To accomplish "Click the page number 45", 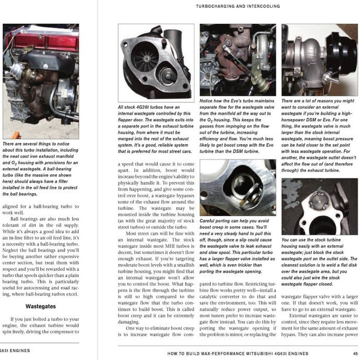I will pyautogui.click(x=355, y=354).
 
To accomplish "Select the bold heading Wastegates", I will pyautogui.click(x=41, y=304).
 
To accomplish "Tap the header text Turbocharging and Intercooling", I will pyautogui.click(x=237, y=7).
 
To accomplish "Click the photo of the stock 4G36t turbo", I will pyautogui.click(x=155, y=63).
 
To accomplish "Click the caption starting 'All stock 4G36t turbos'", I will pyautogui.click(x=155, y=123).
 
